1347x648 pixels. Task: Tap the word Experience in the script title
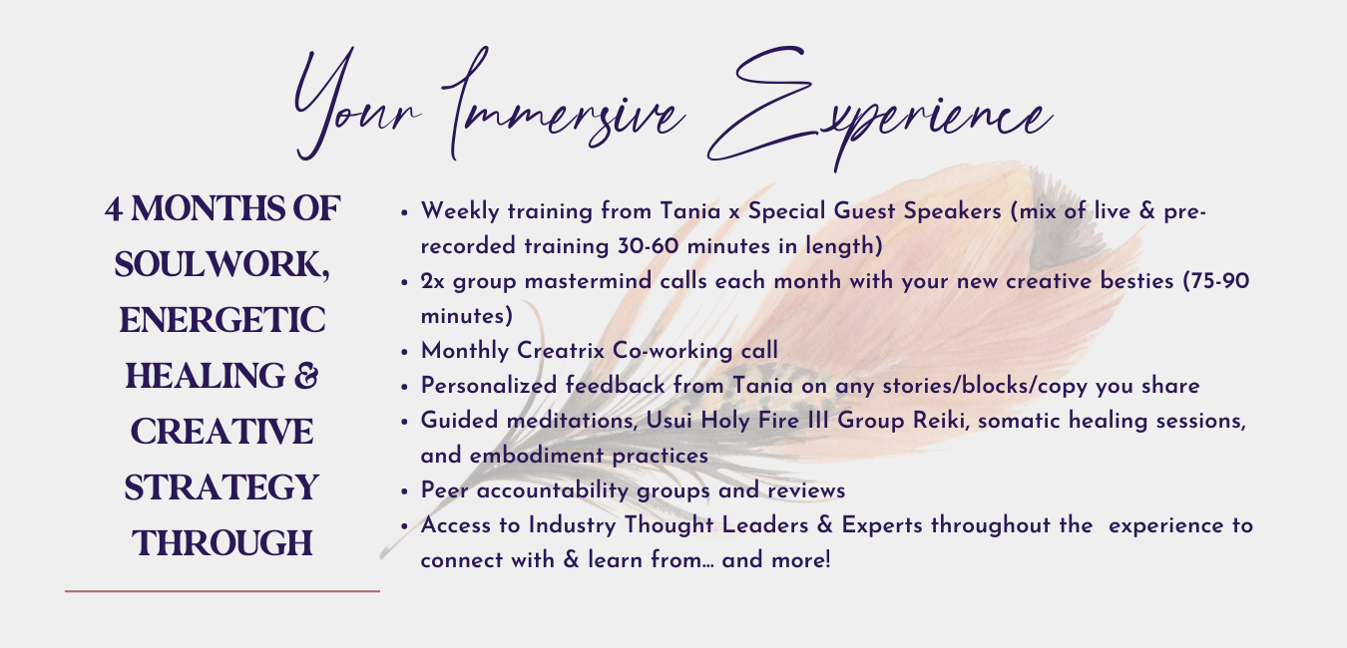pos(879,108)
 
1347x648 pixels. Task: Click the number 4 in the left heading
pos(114,210)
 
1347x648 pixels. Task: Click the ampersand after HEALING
pos(306,376)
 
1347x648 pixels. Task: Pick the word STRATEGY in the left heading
pos(222,487)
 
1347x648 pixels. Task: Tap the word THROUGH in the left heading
pos(222,543)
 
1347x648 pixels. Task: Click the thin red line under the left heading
pos(223,591)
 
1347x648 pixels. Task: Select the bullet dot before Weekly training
pos(404,212)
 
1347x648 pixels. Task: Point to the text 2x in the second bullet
pos(432,281)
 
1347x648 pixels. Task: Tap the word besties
pos(1136,281)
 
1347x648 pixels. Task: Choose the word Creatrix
pos(561,350)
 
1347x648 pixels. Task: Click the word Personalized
pos(489,386)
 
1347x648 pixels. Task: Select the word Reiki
pos(941,421)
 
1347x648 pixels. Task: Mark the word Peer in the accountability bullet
pos(444,490)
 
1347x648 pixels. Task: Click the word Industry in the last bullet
pos(572,525)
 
